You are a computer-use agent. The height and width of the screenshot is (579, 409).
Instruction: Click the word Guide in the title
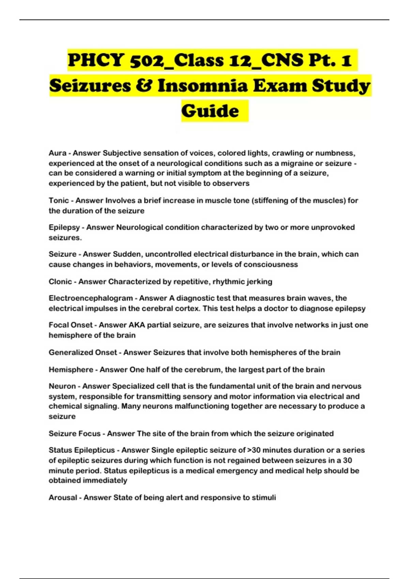coord(210,111)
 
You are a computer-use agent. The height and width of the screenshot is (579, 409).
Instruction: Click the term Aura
coord(57,153)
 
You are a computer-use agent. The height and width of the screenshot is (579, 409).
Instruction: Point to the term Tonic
coord(59,201)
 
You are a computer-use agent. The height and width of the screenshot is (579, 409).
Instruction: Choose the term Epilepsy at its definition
coord(64,228)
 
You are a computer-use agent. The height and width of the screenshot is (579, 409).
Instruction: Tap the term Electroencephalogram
coord(91,298)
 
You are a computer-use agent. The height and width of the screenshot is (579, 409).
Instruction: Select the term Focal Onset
coord(71,325)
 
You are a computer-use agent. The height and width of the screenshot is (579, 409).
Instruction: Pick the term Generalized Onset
coord(82,353)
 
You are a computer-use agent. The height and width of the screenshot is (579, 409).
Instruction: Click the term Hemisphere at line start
coord(71,370)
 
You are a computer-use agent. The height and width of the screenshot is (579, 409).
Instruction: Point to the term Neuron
coord(62,386)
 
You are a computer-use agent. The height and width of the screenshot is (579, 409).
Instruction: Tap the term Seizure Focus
coord(74,434)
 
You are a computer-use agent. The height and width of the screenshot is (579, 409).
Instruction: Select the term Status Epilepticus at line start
coord(81,450)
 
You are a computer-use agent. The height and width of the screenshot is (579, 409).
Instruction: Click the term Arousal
coord(63,498)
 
